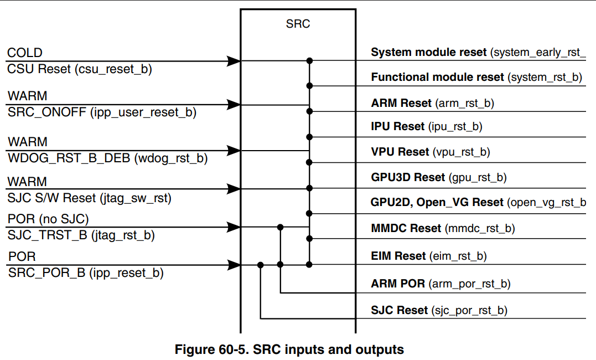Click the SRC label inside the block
(298, 24)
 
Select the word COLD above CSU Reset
(25, 53)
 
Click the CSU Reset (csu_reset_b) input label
(80, 69)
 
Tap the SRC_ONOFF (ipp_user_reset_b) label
(102, 112)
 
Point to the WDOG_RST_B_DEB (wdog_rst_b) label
(107, 158)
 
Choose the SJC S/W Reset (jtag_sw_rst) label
(90, 198)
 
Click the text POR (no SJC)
(48, 219)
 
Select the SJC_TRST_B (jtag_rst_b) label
(81, 235)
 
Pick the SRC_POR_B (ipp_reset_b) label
(86, 273)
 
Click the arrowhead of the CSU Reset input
(234, 60)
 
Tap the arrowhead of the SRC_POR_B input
(234, 265)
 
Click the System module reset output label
(478, 53)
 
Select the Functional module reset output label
(476, 78)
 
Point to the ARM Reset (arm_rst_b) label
(433, 103)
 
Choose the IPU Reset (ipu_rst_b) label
(427, 126)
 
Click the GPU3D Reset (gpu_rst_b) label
(439, 177)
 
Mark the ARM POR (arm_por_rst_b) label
(440, 284)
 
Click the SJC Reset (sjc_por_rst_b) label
(439, 310)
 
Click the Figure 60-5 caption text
(289, 349)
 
